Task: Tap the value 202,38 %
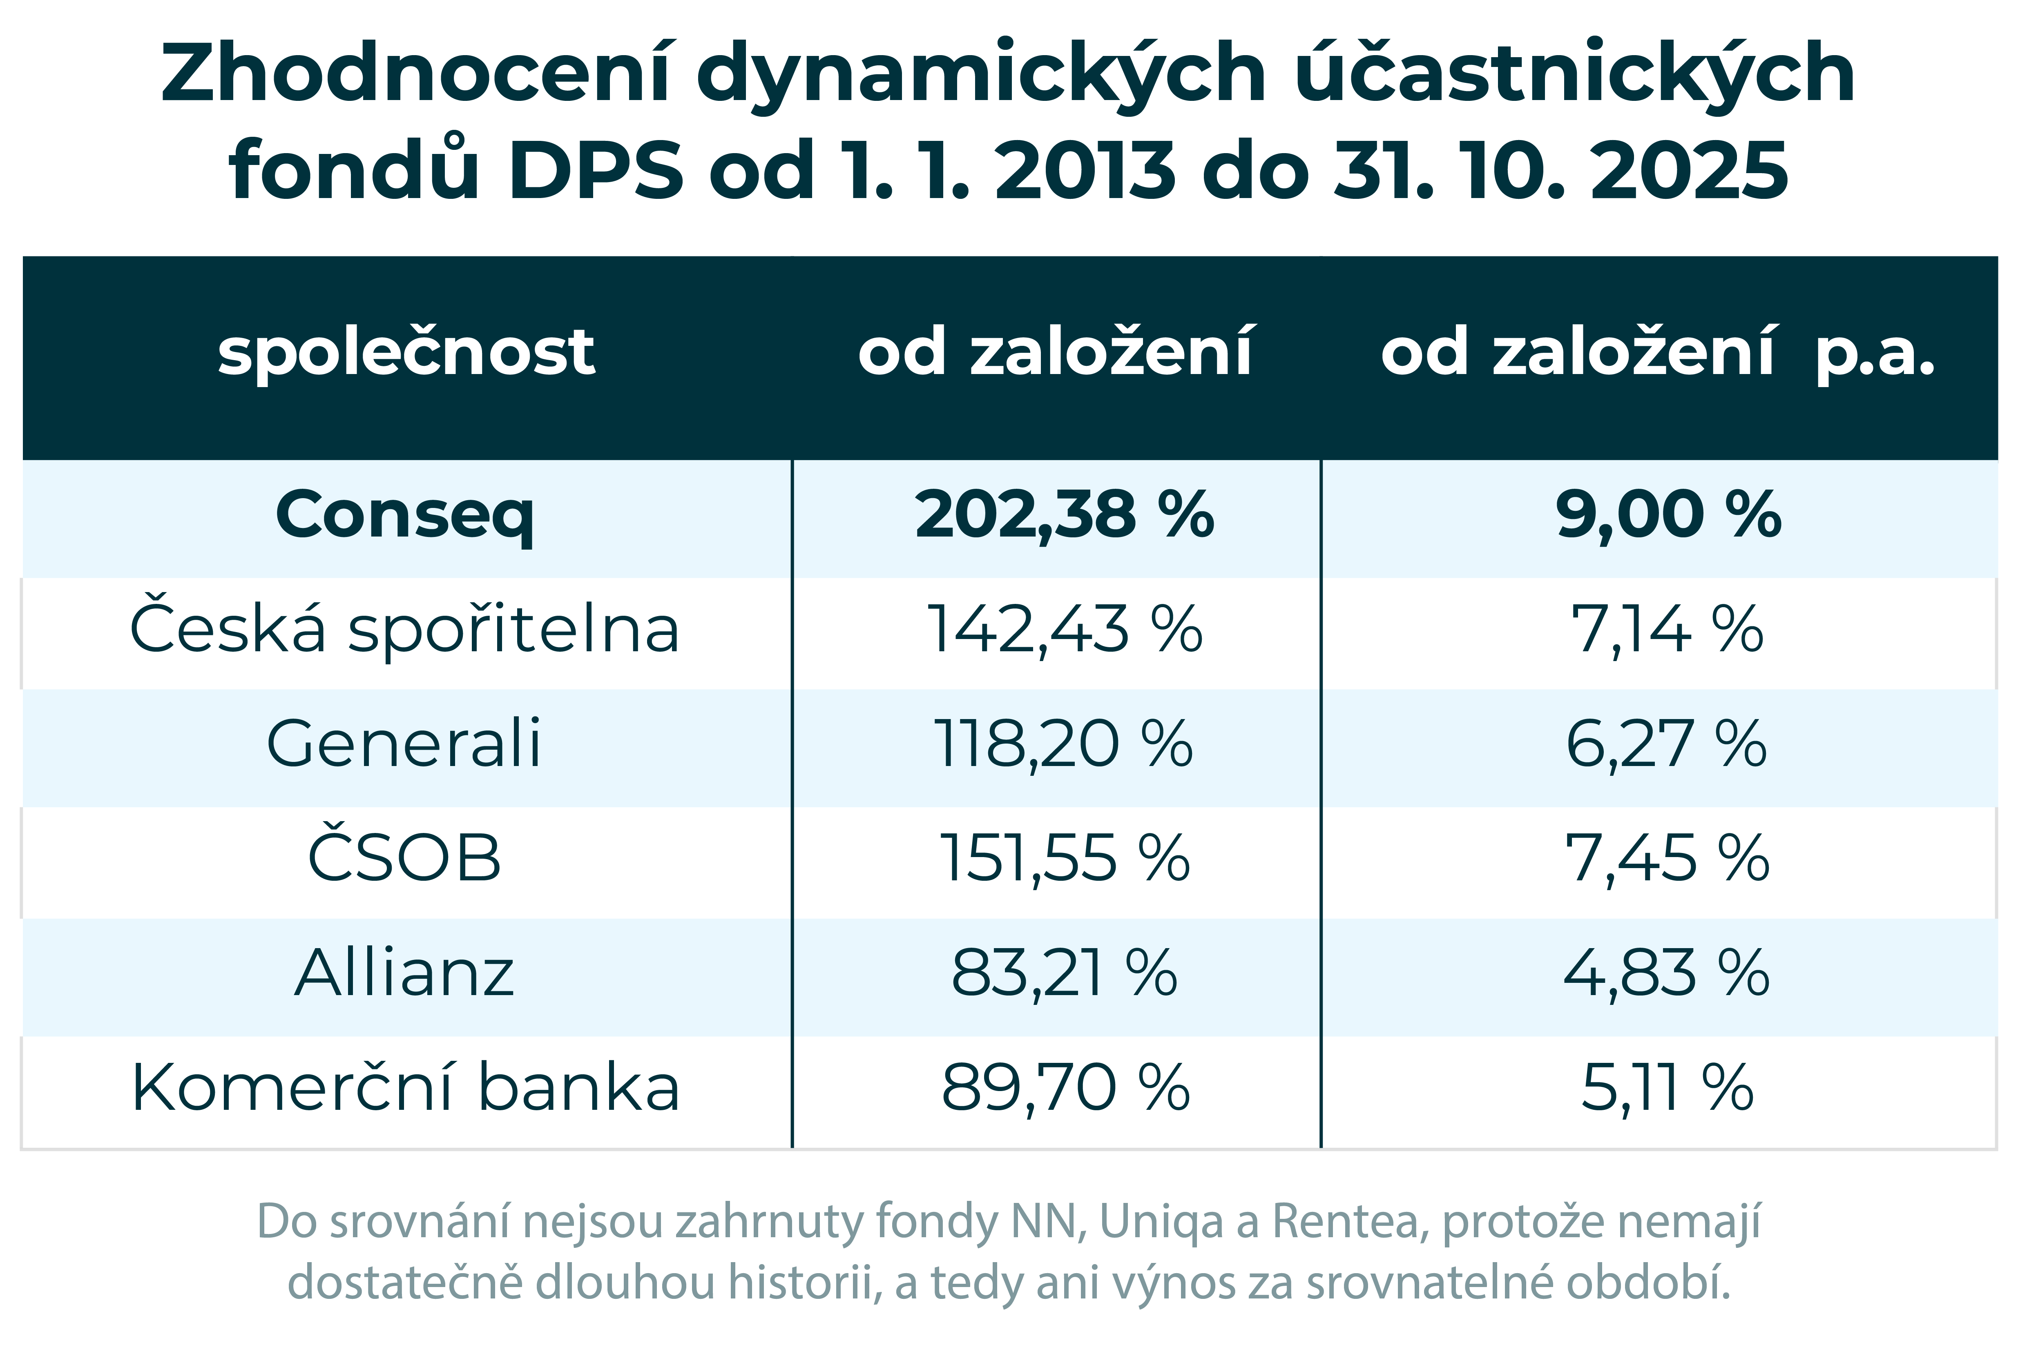[1064, 516]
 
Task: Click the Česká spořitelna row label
[404, 630]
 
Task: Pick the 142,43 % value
[1064, 630]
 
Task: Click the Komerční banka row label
[404, 1088]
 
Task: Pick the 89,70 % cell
[1064, 1088]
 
